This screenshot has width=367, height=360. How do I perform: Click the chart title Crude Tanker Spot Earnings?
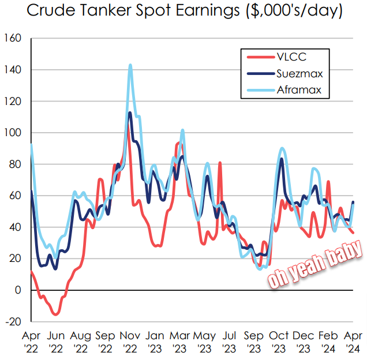pos(133,10)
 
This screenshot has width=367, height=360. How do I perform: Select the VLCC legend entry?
pos(276,57)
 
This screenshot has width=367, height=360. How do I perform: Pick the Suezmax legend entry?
pos(285,74)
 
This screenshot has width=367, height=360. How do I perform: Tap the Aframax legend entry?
pos(284,90)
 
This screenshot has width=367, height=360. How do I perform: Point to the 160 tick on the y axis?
pos(13,38)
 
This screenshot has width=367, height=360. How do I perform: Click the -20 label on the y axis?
pos(13,322)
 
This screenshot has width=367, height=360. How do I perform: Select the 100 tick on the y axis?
pos(13,133)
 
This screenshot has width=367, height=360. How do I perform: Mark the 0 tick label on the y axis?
pos(18,290)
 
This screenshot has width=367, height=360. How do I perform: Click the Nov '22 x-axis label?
pos(130,342)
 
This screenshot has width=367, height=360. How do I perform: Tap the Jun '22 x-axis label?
pos(56,342)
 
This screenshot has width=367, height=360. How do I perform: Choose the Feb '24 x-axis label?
pos(328,342)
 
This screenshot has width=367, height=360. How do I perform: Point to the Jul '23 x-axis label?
pos(229,342)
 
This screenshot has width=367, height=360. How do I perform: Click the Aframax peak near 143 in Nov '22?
pos(130,65)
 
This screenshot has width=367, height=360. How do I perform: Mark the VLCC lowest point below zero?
pos(56,314)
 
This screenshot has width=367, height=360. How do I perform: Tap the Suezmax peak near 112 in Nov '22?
pos(130,113)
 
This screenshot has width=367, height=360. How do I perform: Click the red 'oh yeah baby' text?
pos(315,264)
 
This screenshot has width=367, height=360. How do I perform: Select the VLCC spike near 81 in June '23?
pos(220,162)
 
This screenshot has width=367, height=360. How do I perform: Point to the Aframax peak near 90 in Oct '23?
pos(282,148)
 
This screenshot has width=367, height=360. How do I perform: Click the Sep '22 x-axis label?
pos(105,342)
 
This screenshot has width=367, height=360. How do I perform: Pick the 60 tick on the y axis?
pos(15,196)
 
